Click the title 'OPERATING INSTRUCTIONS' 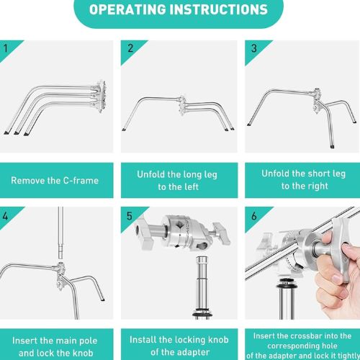179,10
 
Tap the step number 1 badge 6,48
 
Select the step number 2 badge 130,48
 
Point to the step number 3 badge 253,48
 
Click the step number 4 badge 6,215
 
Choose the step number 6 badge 253,215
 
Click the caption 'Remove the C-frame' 55,180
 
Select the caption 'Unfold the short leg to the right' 303,180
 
